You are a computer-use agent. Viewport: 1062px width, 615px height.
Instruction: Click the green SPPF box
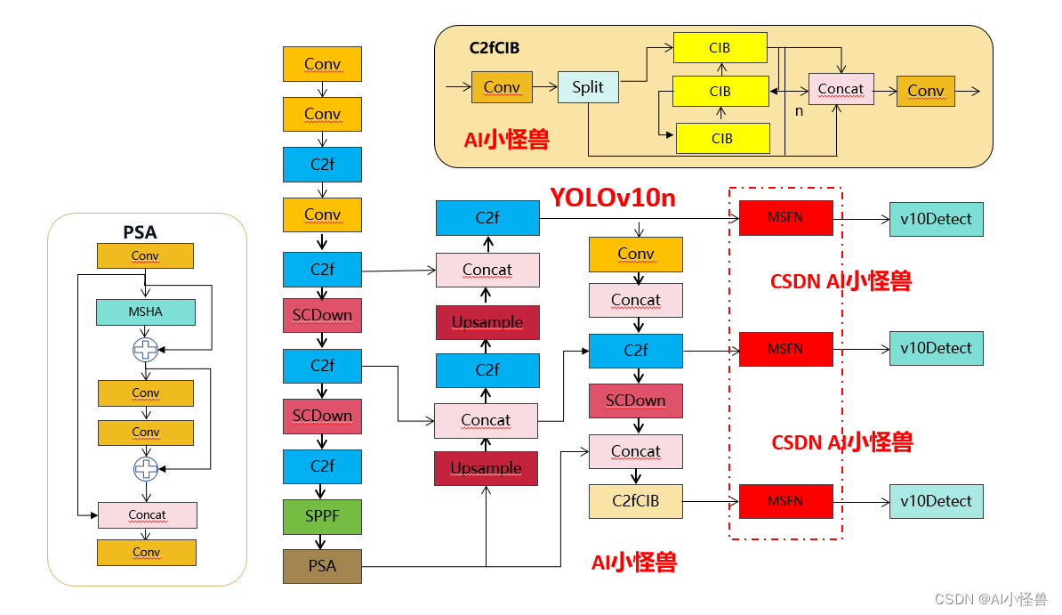click(x=322, y=516)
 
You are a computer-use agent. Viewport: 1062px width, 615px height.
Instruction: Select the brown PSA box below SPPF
click(x=322, y=566)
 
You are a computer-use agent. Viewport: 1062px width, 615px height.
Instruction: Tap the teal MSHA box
click(x=146, y=312)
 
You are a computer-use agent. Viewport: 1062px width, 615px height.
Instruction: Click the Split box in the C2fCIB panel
click(x=588, y=87)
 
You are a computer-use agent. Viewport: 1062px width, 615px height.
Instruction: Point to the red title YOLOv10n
click(x=612, y=198)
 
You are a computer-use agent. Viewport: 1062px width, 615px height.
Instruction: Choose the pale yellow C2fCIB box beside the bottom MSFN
click(x=635, y=501)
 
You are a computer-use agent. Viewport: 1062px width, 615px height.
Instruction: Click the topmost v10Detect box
click(x=936, y=219)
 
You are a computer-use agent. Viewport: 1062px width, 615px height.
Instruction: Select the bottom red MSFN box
click(x=785, y=501)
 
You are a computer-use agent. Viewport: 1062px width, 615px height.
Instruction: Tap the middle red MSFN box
click(x=785, y=349)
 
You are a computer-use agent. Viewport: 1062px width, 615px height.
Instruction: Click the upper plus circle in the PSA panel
click(x=145, y=350)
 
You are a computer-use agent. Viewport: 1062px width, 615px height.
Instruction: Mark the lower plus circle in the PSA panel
click(x=145, y=468)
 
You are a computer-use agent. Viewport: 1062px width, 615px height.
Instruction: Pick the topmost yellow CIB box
click(x=720, y=48)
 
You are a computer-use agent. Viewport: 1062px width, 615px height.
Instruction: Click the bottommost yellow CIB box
click(x=722, y=139)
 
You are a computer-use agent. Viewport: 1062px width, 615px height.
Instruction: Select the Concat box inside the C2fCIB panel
click(x=841, y=89)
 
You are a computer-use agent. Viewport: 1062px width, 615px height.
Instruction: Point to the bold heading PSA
click(x=140, y=232)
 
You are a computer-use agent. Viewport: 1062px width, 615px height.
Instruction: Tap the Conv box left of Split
click(x=502, y=87)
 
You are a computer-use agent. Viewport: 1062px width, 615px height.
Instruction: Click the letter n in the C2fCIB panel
click(x=799, y=111)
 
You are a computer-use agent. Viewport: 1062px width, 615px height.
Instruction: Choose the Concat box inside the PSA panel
click(x=147, y=514)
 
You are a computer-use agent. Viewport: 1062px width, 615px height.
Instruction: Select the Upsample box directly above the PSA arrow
click(x=486, y=468)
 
